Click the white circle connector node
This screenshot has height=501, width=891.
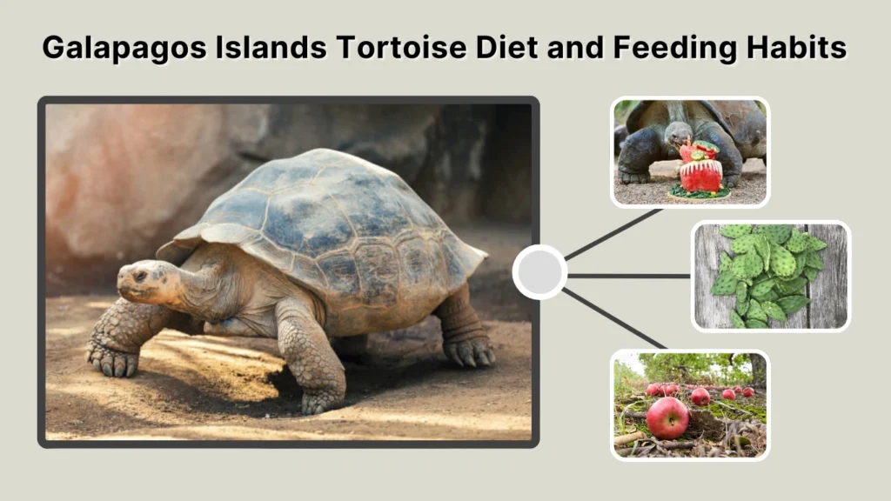[539, 272]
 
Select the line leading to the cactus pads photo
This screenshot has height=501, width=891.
[628, 276]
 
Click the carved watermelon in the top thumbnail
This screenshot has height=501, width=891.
[700, 169]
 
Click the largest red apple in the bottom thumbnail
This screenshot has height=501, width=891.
[667, 417]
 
